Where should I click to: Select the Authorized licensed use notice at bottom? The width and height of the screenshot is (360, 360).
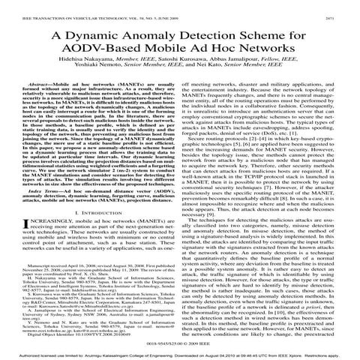tap(180, 355)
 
